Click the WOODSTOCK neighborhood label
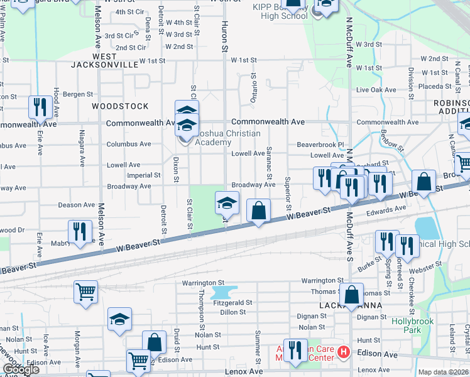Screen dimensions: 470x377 (120, 106)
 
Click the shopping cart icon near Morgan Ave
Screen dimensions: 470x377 (85, 291)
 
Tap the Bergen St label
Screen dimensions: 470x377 (77, 94)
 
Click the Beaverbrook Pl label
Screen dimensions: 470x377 (321, 145)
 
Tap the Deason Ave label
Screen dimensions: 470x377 (77, 205)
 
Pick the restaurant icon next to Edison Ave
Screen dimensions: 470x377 (295, 351)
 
